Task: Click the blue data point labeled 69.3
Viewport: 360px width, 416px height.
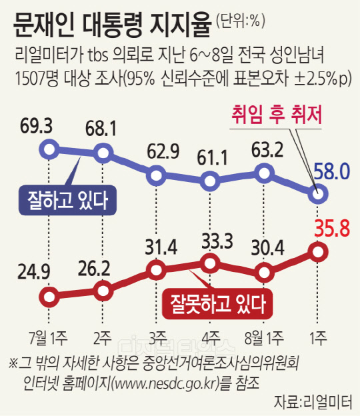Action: click(49, 149)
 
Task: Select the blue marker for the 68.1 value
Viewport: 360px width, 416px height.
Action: click(103, 153)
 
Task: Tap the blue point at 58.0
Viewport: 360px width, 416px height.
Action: click(318, 194)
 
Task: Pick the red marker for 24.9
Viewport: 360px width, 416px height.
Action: click(49, 297)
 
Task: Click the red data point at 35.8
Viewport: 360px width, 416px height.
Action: click(318, 252)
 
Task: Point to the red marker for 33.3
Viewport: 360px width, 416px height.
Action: click(210, 263)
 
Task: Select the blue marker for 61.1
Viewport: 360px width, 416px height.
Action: click(210, 181)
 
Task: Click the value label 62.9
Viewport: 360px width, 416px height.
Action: click(163, 151)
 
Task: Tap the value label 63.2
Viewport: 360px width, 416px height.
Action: click(267, 150)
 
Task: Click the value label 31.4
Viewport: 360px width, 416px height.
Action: click(161, 248)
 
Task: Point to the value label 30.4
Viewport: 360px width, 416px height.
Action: click(267, 248)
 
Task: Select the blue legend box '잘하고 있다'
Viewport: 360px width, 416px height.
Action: click(67, 200)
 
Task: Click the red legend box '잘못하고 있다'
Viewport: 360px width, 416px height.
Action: click(217, 304)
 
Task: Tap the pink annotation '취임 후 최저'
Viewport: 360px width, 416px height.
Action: click(277, 115)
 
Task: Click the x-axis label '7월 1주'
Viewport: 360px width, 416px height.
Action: click(48, 338)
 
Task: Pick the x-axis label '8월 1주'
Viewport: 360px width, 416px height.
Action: click(264, 338)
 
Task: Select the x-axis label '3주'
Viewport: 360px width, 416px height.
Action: click(157, 338)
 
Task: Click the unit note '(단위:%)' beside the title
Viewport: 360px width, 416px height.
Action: click(241, 21)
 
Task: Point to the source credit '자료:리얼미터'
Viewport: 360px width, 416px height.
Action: click(313, 402)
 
